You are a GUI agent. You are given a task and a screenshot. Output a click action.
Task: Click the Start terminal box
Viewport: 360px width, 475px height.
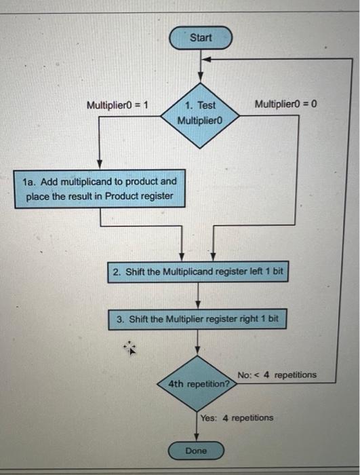pos(200,38)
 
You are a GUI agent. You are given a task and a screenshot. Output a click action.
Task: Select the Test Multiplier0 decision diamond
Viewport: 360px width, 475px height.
pos(200,113)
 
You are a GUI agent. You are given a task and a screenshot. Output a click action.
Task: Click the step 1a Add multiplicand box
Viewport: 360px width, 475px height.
pos(100,189)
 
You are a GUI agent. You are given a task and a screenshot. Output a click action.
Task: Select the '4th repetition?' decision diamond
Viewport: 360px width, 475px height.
pos(198,383)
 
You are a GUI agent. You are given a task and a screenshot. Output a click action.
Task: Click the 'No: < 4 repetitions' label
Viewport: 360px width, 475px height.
pos(277,375)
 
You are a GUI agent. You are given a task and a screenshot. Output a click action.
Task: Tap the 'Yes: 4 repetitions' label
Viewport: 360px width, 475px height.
pos(237,417)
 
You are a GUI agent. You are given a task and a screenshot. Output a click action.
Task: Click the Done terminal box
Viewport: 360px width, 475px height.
pos(196,451)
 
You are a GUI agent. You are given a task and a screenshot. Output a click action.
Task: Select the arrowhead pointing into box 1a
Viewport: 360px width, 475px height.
pos(100,165)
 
